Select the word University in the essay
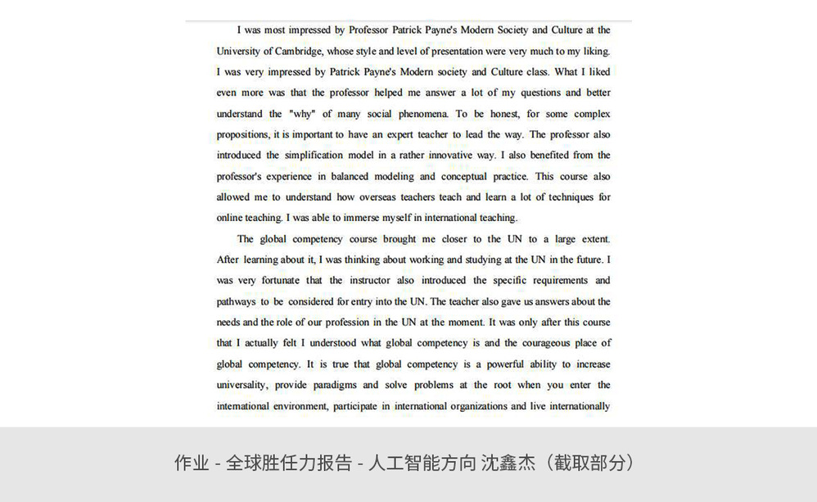[239, 51]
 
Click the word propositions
[242, 134]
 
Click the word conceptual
[468, 176]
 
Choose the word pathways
[237, 301]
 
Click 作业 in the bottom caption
[191, 463]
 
